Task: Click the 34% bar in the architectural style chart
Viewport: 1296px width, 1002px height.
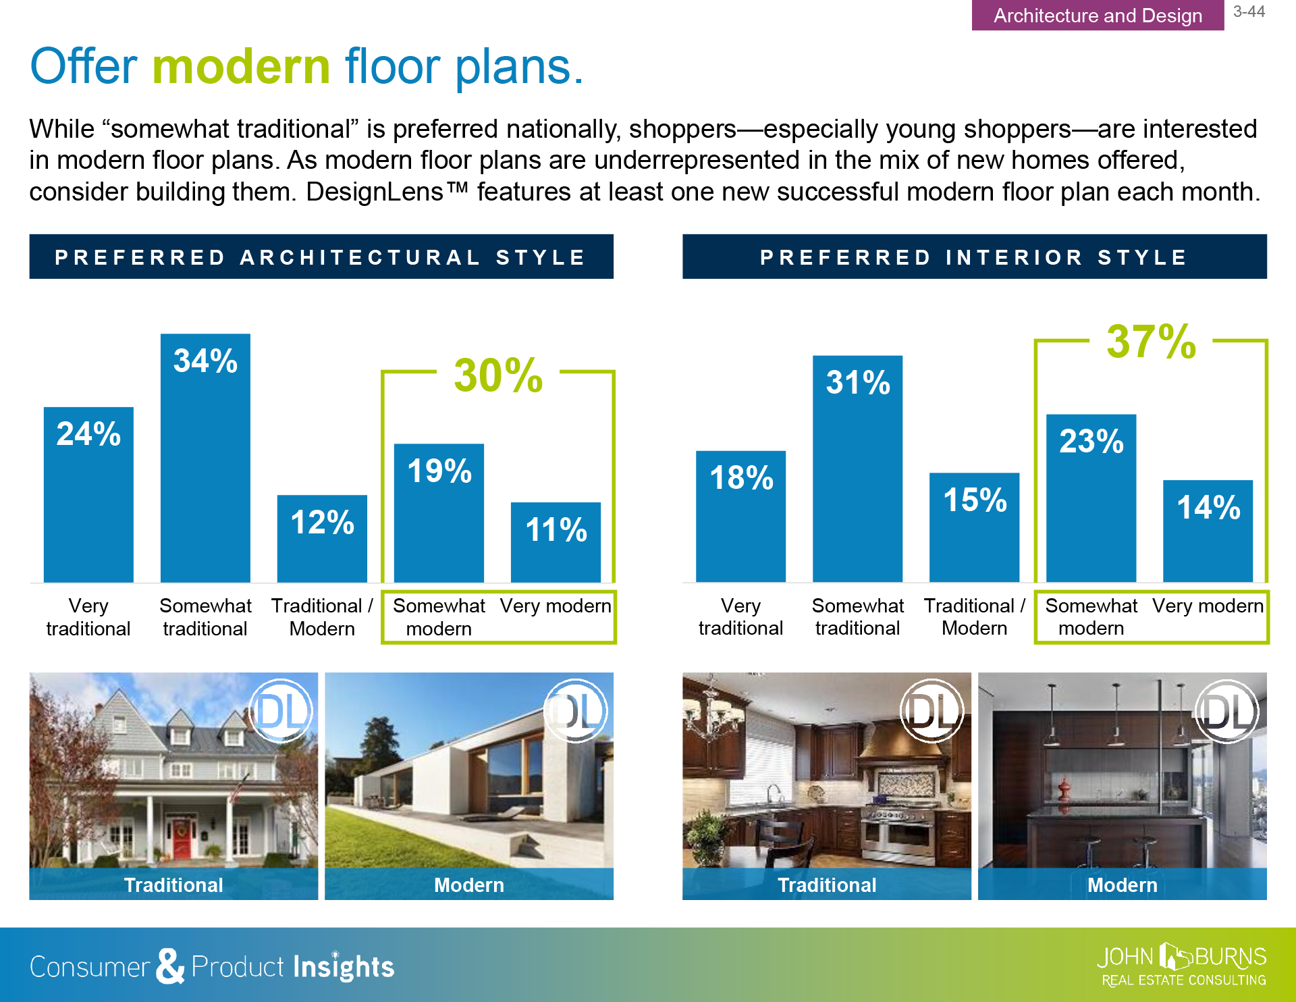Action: pyautogui.click(x=205, y=458)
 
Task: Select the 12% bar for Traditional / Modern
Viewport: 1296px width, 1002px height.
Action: pyautogui.click(x=322, y=539)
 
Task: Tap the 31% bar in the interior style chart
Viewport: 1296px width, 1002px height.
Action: pyautogui.click(x=857, y=469)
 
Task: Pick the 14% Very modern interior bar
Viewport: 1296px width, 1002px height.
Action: pyautogui.click(x=1208, y=531)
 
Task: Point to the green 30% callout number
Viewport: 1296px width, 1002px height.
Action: pyautogui.click(x=498, y=375)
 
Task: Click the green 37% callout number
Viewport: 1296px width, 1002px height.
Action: pyautogui.click(x=1152, y=342)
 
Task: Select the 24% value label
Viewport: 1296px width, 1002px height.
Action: pyautogui.click(x=88, y=433)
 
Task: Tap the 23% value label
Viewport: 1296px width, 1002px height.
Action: pyautogui.click(x=1091, y=441)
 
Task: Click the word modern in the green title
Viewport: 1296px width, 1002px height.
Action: pyautogui.click(x=242, y=67)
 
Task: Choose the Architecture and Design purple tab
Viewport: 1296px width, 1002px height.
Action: pyautogui.click(x=1098, y=15)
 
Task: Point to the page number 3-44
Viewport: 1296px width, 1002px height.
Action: pyautogui.click(x=1249, y=11)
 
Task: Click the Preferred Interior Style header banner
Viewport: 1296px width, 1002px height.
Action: pyautogui.click(x=974, y=257)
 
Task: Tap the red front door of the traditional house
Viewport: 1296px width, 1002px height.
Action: pyautogui.click(x=181, y=837)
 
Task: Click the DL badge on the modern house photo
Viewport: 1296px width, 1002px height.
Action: pyautogui.click(x=576, y=711)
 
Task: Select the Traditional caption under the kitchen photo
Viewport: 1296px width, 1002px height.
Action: pyautogui.click(x=827, y=885)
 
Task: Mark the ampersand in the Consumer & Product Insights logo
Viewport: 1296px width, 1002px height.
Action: pyautogui.click(x=170, y=966)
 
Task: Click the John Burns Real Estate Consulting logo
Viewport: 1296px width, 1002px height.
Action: pyautogui.click(x=1182, y=966)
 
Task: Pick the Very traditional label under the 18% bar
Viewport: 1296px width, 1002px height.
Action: pyautogui.click(x=740, y=617)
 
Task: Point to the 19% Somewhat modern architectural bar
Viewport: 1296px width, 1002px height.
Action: pyautogui.click(x=439, y=513)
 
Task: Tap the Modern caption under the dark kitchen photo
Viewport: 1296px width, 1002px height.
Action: pyautogui.click(x=1122, y=885)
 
